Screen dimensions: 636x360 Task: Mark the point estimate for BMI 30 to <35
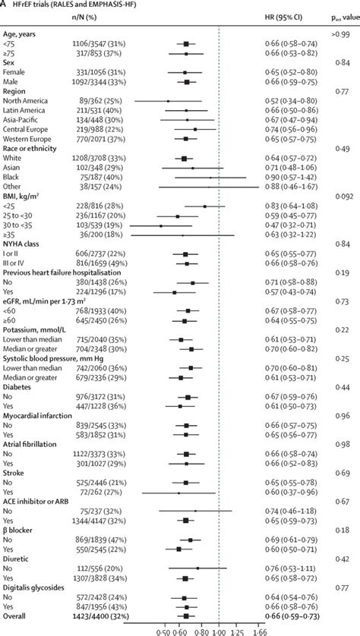[160, 225]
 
